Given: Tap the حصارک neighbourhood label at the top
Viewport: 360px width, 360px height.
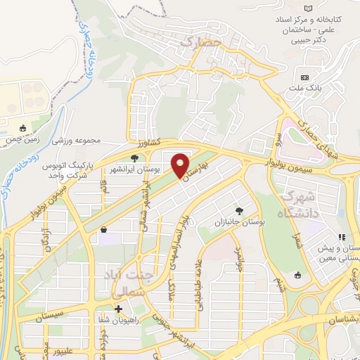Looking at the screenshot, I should pos(200,43).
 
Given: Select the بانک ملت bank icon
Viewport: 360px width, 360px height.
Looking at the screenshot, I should pos(304,77).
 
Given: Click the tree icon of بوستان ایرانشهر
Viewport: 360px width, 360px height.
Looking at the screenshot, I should pos(134,158).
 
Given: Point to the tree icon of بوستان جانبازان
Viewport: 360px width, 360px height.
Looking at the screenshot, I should pos(240,210).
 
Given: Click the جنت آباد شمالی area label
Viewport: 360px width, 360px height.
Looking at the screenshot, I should pos(123,281).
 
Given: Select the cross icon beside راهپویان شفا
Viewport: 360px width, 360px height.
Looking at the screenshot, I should pos(118,309).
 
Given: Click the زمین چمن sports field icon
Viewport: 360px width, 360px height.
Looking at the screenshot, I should pos(23,128).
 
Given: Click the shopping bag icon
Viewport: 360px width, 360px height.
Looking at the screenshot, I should pos(104,229).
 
